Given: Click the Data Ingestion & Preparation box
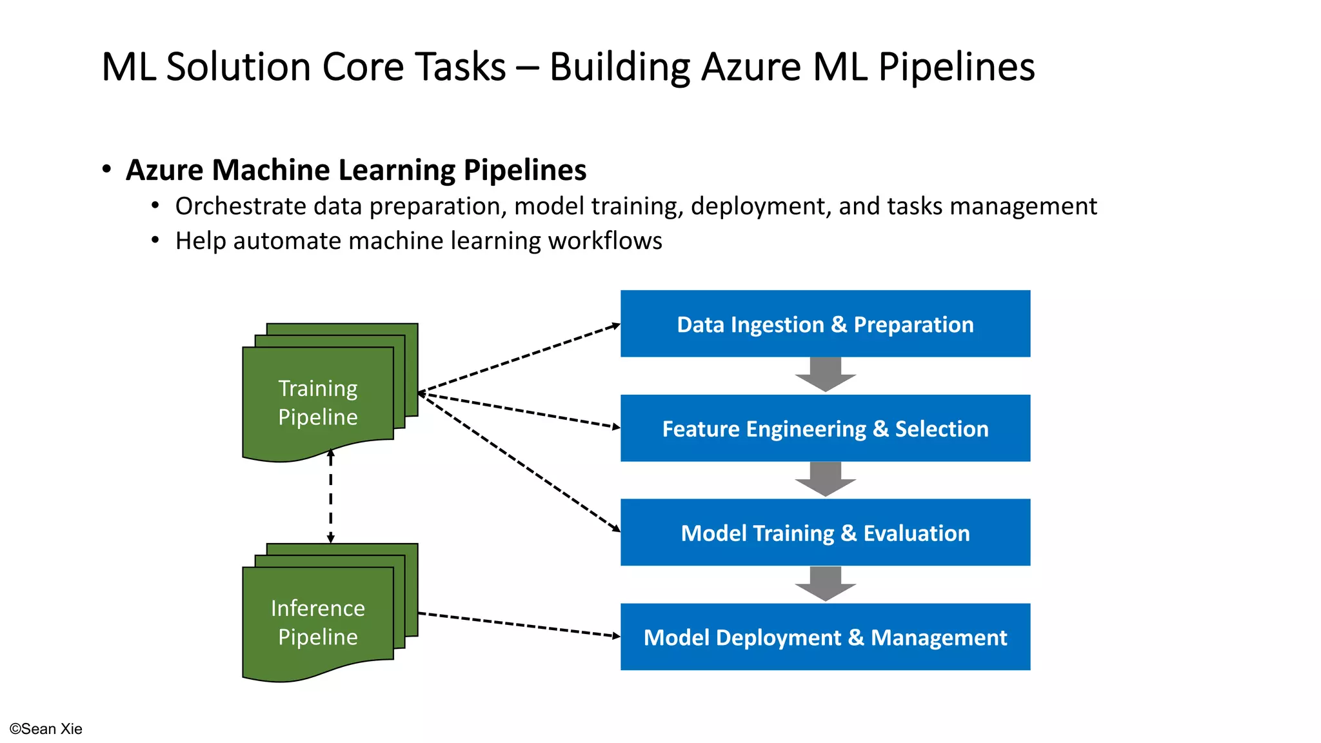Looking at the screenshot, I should (x=825, y=324).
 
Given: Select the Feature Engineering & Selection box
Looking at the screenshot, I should (x=825, y=428).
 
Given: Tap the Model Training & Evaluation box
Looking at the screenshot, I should (x=825, y=533).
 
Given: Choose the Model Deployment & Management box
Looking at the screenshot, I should (x=825, y=637).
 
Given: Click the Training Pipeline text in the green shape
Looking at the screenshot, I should (x=318, y=402).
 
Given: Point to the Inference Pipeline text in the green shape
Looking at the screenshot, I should (x=318, y=622).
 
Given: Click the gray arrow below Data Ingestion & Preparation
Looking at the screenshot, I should (x=825, y=375).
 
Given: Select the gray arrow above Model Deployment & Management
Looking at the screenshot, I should (x=825, y=584).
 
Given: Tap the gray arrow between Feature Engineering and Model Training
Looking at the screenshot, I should (x=825, y=479).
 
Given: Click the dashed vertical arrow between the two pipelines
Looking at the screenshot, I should (x=331, y=497).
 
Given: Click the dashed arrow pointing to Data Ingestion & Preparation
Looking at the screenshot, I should (x=519, y=359).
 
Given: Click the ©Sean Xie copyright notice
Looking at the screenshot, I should (x=46, y=729).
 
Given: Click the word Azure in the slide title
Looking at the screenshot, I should (x=751, y=67).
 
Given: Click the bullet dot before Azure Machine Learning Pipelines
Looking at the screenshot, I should (x=107, y=170).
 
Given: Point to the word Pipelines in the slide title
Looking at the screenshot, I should (x=957, y=67).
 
